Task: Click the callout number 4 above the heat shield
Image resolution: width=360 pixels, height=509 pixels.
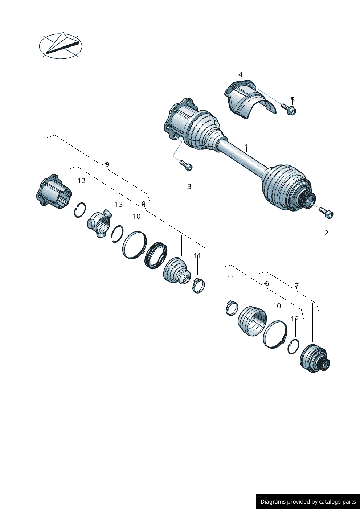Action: pyautogui.click(x=241, y=74)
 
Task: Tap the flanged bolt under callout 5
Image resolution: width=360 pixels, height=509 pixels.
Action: pyautogui.click(x=289, y=109)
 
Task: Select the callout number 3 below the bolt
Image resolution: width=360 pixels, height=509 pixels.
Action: pyautogui.click(x=189, y=186)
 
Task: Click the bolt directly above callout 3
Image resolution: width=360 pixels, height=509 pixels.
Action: pyautogui.click(x=186, y=165)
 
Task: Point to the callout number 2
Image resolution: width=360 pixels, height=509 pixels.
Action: pyautogui.click(x=326, y=233)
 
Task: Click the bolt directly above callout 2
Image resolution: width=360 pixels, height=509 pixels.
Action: pyautogui.click(x=326, y=212)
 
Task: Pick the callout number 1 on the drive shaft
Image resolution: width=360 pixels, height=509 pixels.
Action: pyautogui.click(x=246, y=147)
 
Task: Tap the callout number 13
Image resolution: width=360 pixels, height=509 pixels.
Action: pyautogui.click(x=119, y=205)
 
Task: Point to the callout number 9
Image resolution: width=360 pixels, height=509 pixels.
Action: pyautogui.click(x=107, y=164)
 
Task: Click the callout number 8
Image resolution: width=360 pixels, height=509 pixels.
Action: pyautogui.click(x=143, y=204)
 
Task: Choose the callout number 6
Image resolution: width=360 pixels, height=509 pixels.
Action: pyautogui.click(x=267, y=283)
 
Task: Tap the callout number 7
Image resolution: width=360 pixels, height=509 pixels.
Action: pyautogui.click(x=296, y=286)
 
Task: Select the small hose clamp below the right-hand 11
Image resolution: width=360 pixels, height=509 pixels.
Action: pyautogui.click(x=232, y=308)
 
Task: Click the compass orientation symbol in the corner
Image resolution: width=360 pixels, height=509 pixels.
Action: pyautogui.click(x=61, y=45)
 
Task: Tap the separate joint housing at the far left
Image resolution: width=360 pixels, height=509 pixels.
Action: pyautogui.click(x=54, y=192)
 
